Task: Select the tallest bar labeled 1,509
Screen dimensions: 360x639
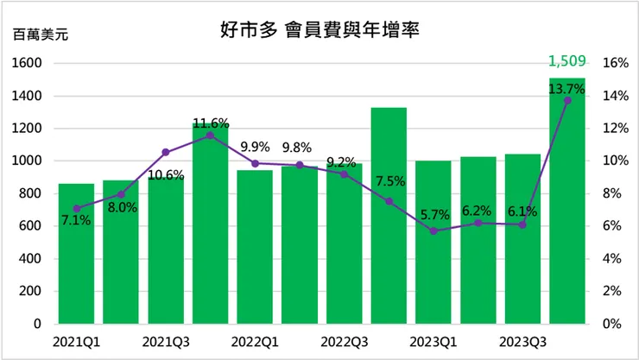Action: pos(567,207)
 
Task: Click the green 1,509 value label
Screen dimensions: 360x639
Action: pos(567,61)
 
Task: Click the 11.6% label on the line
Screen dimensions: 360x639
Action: pos(211,123)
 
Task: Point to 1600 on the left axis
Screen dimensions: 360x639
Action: pos(29,63)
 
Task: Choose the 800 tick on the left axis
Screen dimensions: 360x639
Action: pos(33,193)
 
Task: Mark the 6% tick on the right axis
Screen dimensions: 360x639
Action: pos(611,226)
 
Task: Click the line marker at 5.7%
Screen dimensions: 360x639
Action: pos(433,231)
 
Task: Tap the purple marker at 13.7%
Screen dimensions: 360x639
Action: pos(567,101)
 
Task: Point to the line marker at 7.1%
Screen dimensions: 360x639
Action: pos(76,208)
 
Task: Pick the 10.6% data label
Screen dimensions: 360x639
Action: pos(166,177)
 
